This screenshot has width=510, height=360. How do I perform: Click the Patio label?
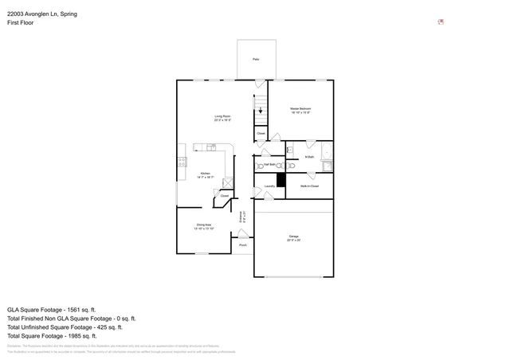256,60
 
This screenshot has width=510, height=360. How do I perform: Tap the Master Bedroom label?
300,108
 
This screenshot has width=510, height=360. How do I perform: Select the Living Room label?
222,118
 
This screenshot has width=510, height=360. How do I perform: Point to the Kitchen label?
205,173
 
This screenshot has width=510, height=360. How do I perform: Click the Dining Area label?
203,225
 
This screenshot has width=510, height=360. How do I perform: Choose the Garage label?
293,237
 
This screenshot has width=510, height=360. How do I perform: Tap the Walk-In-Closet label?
309,186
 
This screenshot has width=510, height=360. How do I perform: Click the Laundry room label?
269,186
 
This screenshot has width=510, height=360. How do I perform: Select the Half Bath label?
269,164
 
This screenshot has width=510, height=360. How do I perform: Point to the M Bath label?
309,157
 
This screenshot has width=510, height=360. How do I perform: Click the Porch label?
242,245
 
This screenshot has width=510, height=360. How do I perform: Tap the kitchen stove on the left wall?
182,162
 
